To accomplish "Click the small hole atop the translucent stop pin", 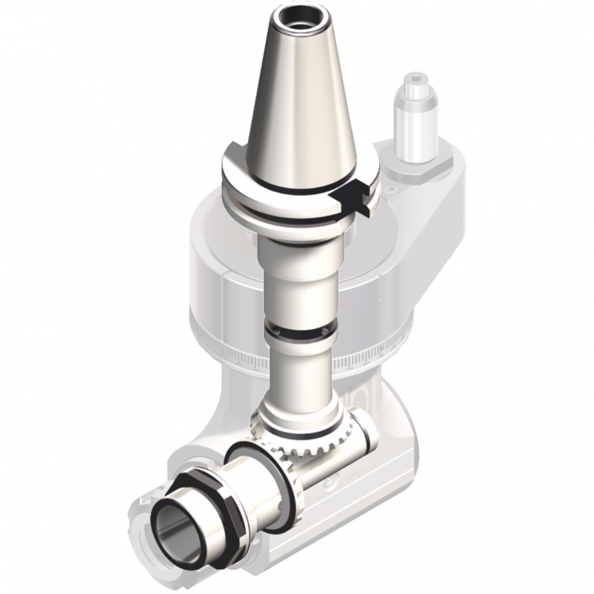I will coord(415,80).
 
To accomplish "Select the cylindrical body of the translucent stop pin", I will coord(415,127).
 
